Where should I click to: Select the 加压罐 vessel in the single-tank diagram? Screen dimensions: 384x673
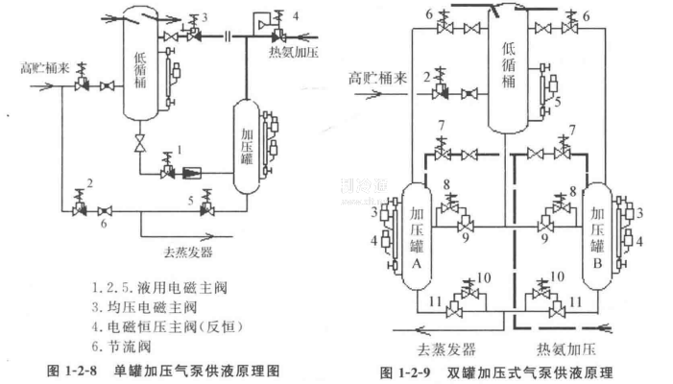tap(247, 144)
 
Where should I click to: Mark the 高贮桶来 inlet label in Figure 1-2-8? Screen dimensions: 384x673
tap(45, 68)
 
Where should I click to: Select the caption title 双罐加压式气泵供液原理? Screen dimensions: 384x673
tap(533, 372)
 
